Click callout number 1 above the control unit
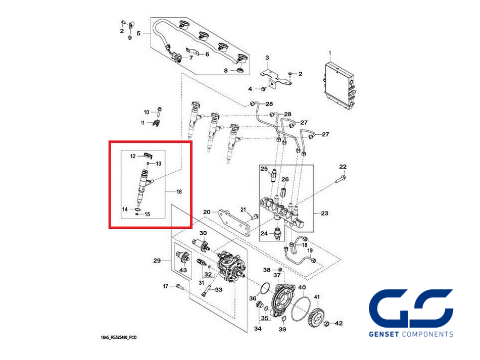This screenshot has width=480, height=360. click(329, 53)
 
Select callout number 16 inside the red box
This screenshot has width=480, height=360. click(178, 192)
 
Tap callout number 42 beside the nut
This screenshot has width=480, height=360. click(339, 323)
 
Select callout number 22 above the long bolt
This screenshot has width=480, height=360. click(343, 167)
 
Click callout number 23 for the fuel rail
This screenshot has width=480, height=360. click(324, 214)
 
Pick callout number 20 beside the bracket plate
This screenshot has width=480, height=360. click(207, 212)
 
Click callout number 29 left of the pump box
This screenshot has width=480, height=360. click(157, 261)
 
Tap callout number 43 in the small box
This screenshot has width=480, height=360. click(182, 271)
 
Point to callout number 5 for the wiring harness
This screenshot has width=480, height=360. click(139, 33)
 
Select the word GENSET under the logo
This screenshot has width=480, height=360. click(385, 334)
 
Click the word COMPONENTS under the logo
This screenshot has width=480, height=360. click(427, 334)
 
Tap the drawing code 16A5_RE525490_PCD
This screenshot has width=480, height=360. click(119, 336)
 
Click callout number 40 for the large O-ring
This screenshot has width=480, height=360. click(302, 288)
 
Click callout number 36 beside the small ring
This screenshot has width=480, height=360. click(253, 299)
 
